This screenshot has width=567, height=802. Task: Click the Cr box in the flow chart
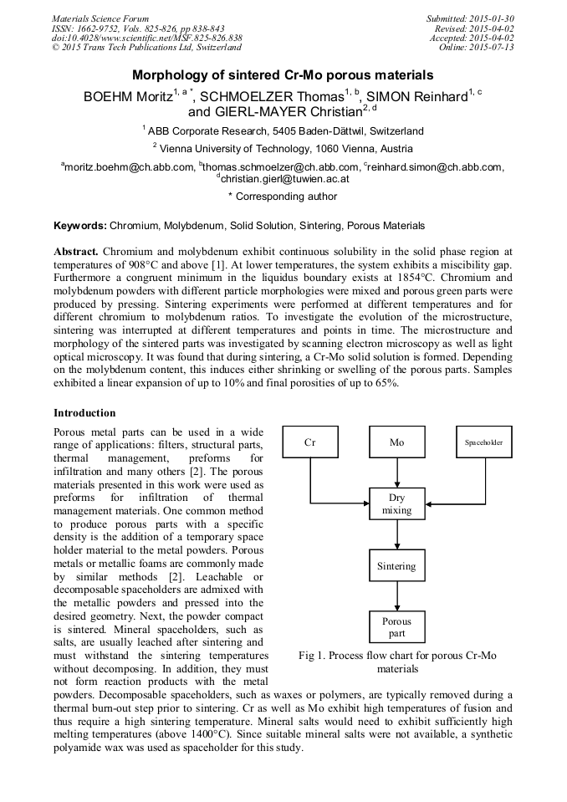pos(310,442)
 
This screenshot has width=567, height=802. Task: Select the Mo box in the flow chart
pos(396,442)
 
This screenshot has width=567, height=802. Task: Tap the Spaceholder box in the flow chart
pos(483,442)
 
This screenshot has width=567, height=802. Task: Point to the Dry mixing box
pos(396,503)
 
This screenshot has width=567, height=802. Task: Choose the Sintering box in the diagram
pos(396,566)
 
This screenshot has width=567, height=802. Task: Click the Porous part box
pos(396,627)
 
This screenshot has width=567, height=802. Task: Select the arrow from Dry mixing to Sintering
pos(396,535)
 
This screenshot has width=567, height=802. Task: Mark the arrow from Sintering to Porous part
pos(396,596)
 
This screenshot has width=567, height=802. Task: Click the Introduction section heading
pos(84,413)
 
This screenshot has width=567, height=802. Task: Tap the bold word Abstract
pos(76,252)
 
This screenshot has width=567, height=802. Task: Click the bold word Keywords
pos(80,226)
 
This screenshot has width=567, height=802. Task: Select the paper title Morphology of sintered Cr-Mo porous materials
pos(283,74)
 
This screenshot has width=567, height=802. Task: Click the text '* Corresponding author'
pos(283,197)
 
